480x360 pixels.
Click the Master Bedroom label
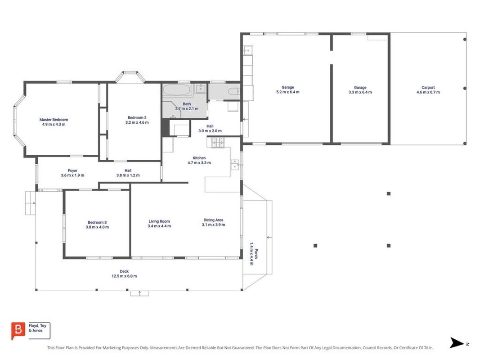(54, 120)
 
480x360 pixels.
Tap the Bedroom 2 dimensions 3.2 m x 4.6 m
(137, 122)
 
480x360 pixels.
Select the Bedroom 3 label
(97, 222)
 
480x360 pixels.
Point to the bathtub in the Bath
(176, 90)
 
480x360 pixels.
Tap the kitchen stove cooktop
(218, 142)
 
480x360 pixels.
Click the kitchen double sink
(235, 164)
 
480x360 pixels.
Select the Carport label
(428, 88)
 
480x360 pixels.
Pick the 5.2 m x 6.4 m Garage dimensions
(288, 92)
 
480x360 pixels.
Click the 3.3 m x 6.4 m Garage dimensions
(360, 92)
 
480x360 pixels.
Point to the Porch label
(256, 254)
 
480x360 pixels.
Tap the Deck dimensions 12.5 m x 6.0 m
(124, 276)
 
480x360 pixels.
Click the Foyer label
(72, 171)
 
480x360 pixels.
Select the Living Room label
(159, 221)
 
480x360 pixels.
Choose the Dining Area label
(213, 220)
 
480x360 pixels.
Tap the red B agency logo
(18, 331)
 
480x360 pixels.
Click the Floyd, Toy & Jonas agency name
(37, 328)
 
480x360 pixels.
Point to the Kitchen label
(199, 158)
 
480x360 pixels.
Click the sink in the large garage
(248, 50)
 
